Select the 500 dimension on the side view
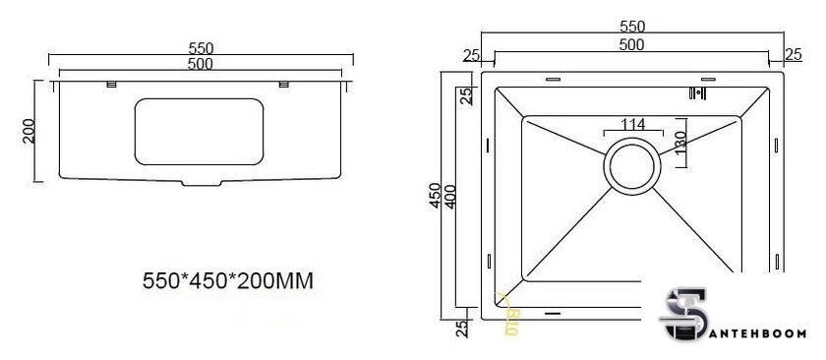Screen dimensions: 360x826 pyautogui.click(x=201, y=65)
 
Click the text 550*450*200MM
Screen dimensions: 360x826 pyautogui.click(x=228, y=281)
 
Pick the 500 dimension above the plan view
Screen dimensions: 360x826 pyautogui.click(x=631, y=46)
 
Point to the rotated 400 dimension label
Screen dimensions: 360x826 pyautogui.click(x=452, y=197)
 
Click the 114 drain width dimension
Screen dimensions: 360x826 pyautogui.click(x=631, y=124)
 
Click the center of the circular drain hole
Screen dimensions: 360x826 pyautogui.click(x=631, y=164)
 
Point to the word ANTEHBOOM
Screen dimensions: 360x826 pyautogui.click(x=766, y=332)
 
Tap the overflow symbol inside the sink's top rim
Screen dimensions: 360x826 pyautogui.click(x=698, y=93)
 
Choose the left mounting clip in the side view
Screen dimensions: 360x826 pyautogui.click(x=111, y=84)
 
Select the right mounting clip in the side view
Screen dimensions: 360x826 pyautogui.click(x=284, y=84)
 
